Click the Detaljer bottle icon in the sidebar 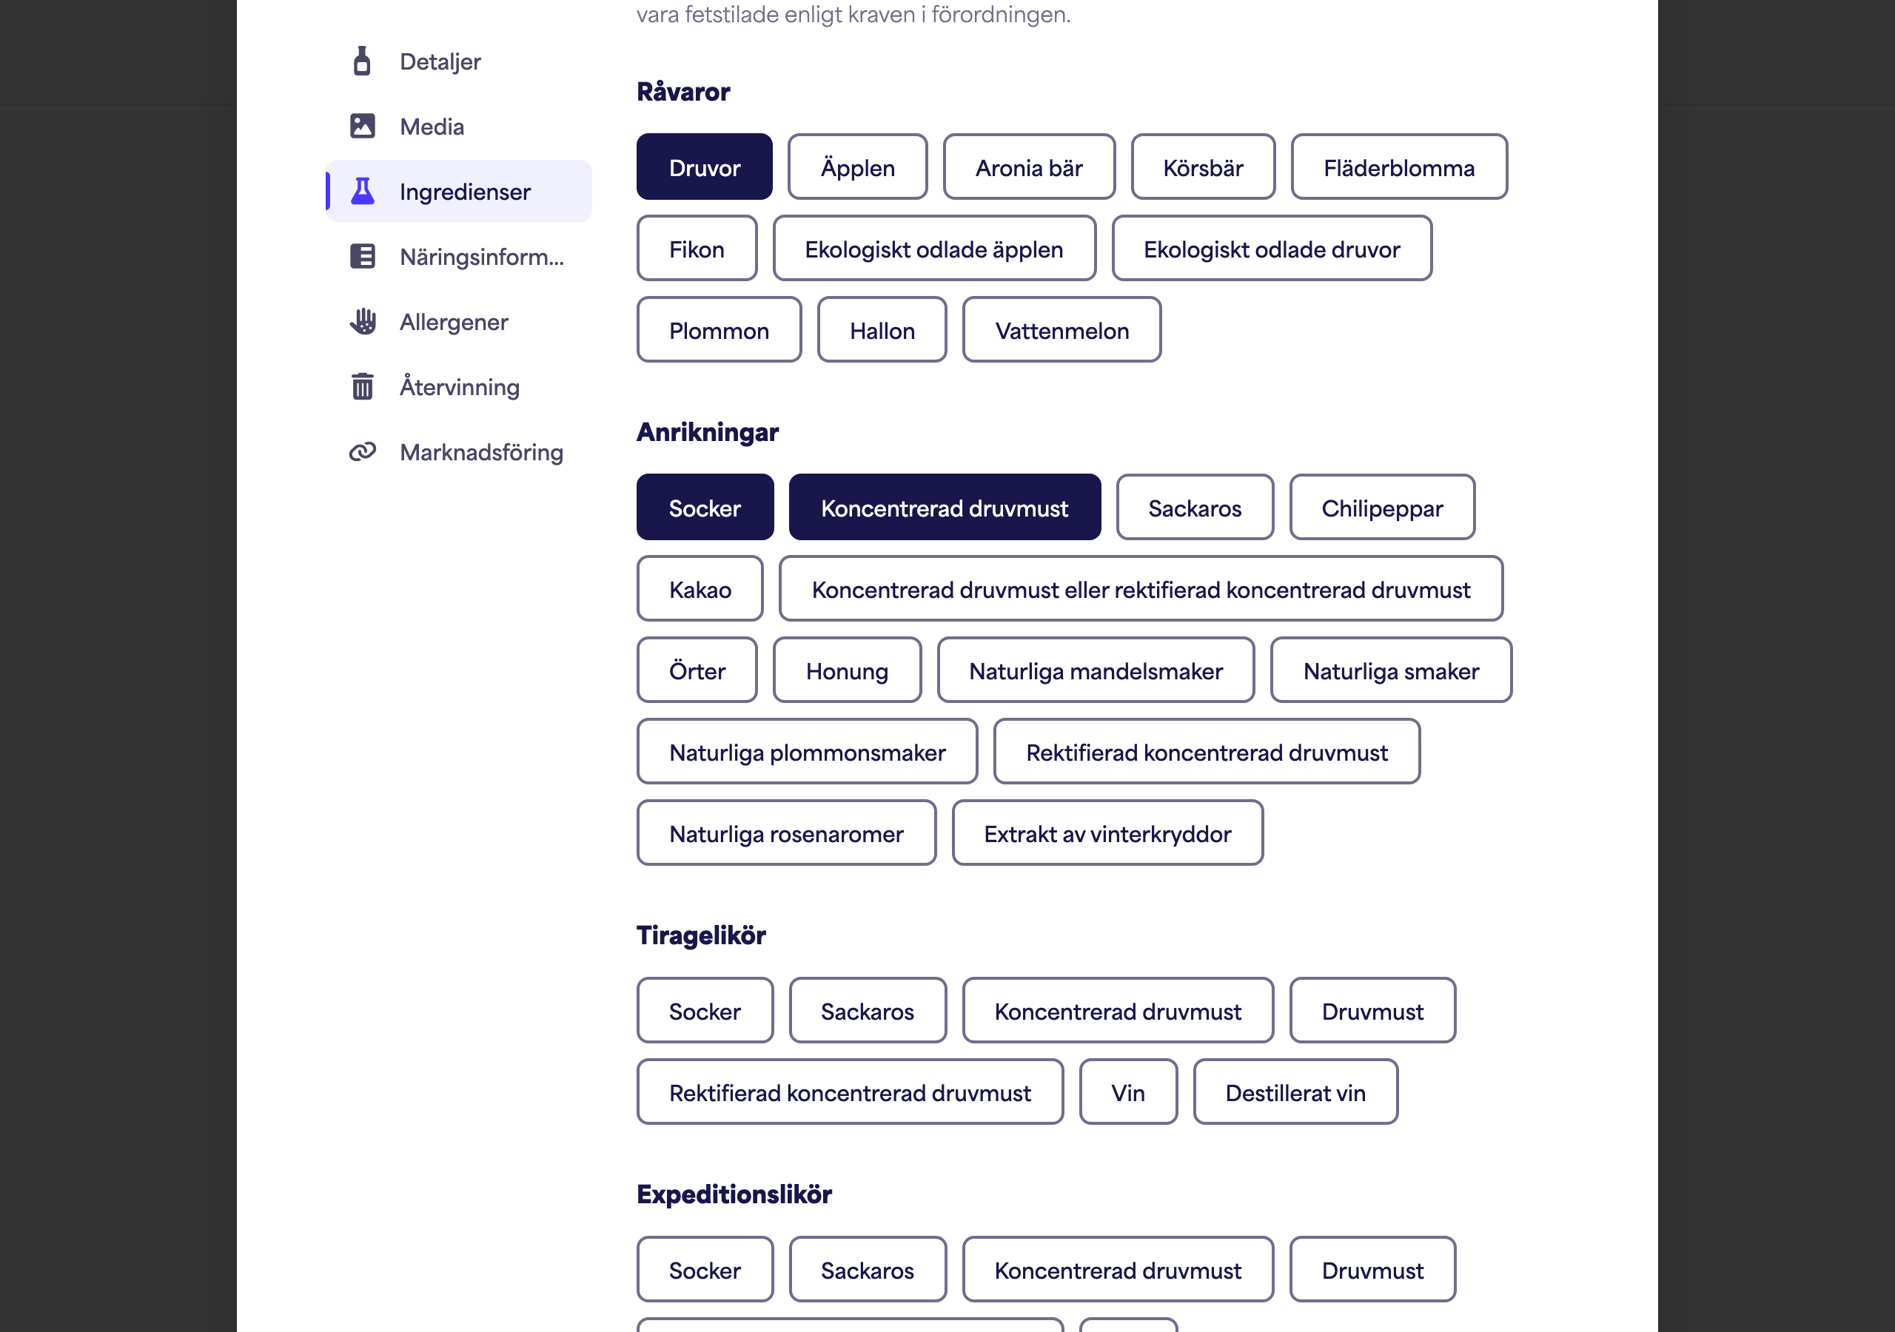click(x=361, y=61)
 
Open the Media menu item click(x=432, y=127)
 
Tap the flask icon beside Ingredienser click(x=362, y=191)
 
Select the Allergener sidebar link click(x=454, y=322)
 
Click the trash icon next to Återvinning click(x=362, y=386)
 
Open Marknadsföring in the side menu click(x=481, y=452)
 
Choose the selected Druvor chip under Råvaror click(x=704, y=166)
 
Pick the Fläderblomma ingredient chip click(x=1399, y=166)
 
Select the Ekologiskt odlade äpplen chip click(x=934, y=249)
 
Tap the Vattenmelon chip click(x=1061, y=330)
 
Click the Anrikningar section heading click(x=708, y=431)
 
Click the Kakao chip click(x=700, y=589)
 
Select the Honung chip click(x=847, y=670)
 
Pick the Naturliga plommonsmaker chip click(x=807, y=752)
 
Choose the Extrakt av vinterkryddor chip click(x=1107, y=833)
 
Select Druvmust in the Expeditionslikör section click(x=1372, y=1269)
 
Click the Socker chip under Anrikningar click(x=705, y=508)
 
